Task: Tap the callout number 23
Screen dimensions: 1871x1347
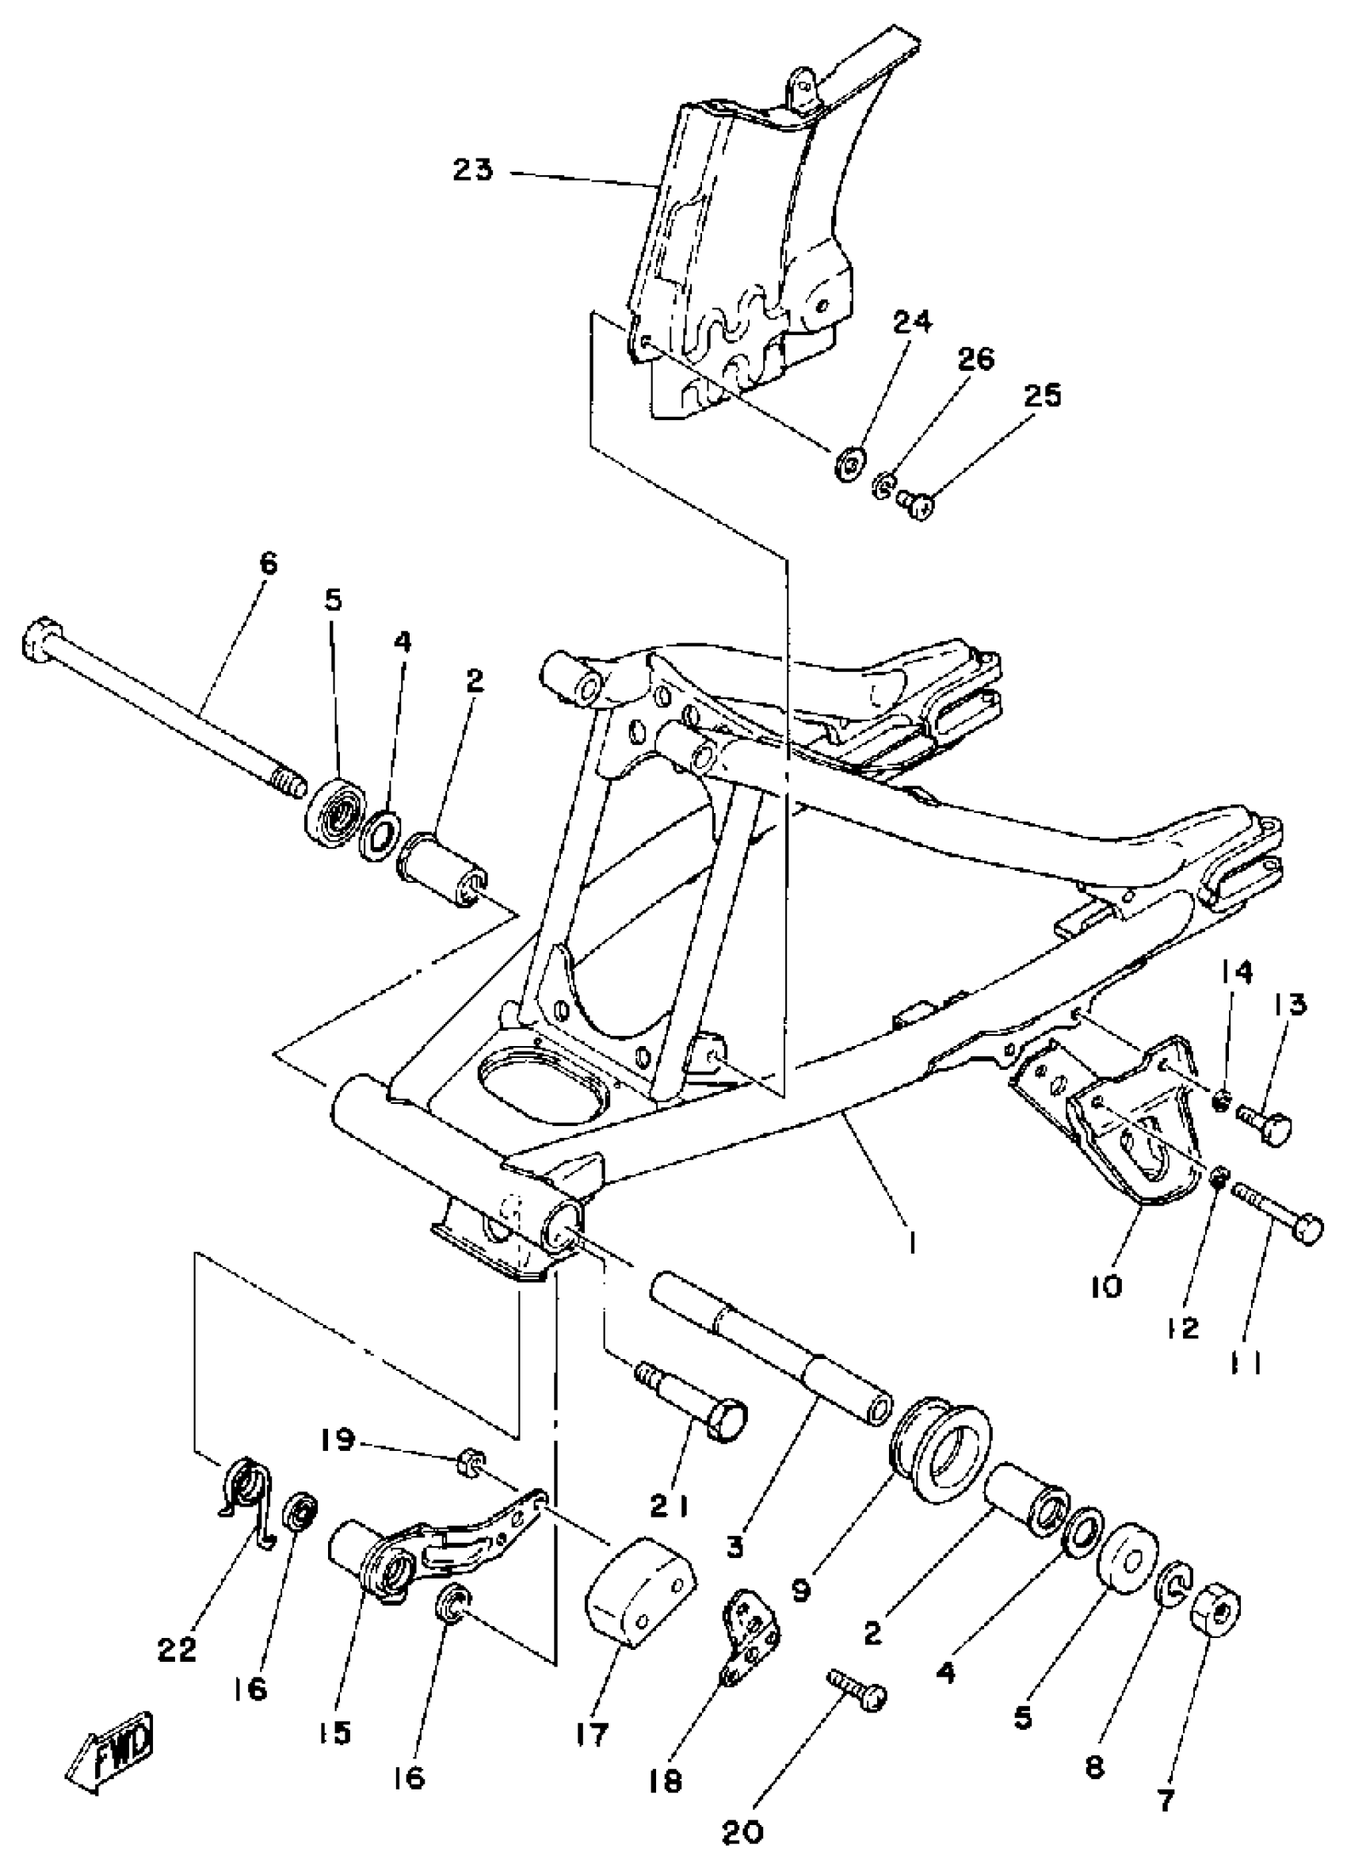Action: coord(474,170)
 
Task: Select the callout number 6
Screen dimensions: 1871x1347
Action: coord(268,565)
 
